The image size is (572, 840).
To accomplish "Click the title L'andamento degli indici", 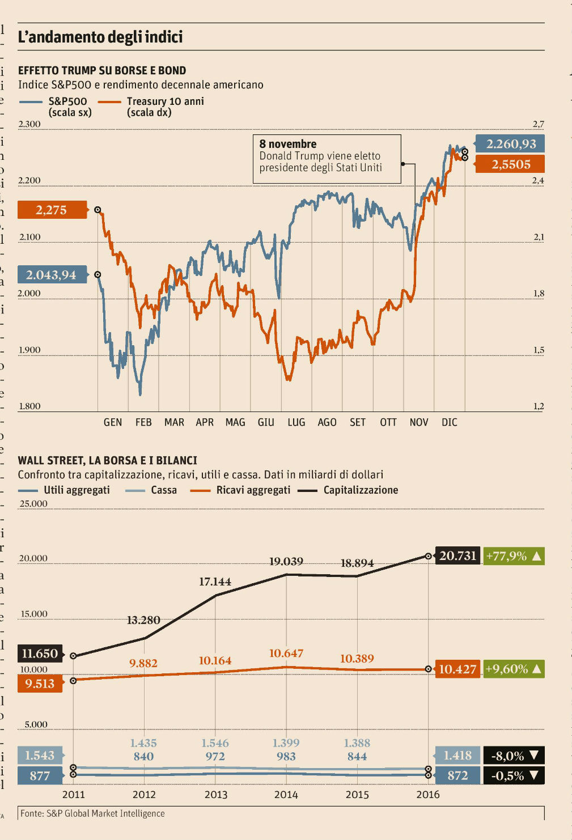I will (x=100, y=37).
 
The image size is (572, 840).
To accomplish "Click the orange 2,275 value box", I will (x=52, y=210).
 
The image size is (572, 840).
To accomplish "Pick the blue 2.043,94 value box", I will (x=52, y=275).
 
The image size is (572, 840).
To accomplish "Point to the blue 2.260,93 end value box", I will (x=510, y=144).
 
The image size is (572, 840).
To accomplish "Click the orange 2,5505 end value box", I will (x=510, y=164).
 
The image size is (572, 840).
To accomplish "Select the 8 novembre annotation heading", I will (x=288, y=144).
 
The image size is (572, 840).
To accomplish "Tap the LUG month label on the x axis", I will (x=296, y=422).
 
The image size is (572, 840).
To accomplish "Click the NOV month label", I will (x=419, y=422).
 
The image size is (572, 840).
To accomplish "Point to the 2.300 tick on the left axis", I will (x=29, y=124).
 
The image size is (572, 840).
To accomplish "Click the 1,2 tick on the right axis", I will (x=538, y=406).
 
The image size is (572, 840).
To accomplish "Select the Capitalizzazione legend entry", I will (x=361, y=490).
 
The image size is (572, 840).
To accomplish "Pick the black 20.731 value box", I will (x=457, y=555).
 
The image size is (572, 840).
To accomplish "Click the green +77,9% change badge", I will (x=514, y=556).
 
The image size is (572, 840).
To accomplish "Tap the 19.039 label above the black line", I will (x=286, y=562).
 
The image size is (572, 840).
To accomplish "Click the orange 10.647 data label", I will (x=286, y=654).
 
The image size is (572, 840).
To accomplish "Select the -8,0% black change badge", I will (x=514, y=756).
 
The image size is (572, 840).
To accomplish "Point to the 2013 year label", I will (x=215, y=795).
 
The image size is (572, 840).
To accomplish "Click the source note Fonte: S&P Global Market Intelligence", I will (x=92, y=813).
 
